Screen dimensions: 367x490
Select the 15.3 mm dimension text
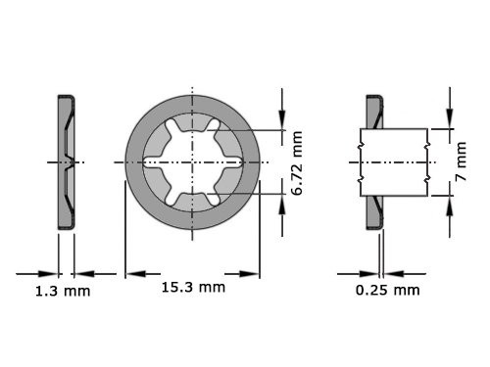point(192,287)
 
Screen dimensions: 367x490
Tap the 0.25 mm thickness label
point(388,291)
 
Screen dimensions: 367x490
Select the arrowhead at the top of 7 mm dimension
point(450,121)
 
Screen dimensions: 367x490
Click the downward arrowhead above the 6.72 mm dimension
point(282,123)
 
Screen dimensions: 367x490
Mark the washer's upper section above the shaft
point(374,112)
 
